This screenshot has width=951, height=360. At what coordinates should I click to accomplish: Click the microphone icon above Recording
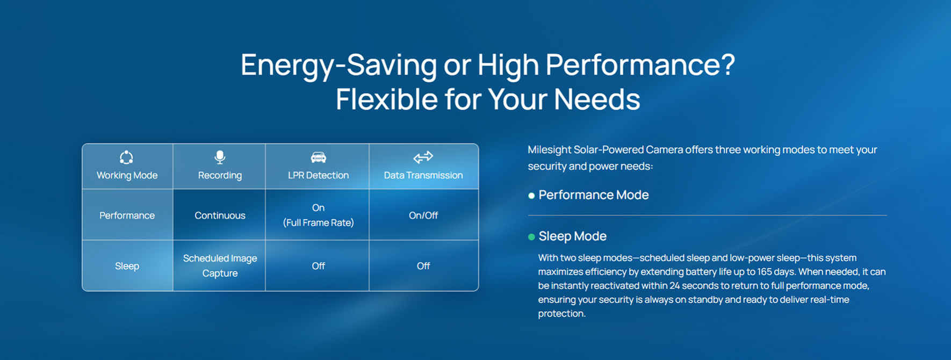220,157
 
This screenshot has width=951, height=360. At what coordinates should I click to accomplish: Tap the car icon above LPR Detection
318,157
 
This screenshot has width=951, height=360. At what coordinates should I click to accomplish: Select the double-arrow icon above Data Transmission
423,157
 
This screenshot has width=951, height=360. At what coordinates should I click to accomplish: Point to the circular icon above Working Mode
126,157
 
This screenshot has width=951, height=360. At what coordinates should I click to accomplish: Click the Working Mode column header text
127,175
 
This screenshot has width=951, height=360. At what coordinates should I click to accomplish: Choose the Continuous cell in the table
220,215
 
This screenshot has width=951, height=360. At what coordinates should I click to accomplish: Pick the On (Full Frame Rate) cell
318,215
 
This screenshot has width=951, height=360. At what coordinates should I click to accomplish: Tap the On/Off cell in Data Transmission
423,215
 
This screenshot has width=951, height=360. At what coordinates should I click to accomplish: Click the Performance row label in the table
127,215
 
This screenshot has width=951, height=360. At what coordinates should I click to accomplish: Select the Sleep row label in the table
127,266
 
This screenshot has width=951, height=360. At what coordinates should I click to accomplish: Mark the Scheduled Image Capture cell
220,265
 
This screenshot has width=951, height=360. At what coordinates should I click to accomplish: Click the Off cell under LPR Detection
318,266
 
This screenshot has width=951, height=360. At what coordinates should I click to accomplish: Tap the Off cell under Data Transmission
423,266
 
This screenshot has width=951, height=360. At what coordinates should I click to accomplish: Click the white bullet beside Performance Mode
531,196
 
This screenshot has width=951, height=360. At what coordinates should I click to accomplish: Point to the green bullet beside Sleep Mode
531,237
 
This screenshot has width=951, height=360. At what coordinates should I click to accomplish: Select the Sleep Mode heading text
572,236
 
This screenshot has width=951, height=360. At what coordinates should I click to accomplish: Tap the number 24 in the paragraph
675,286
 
